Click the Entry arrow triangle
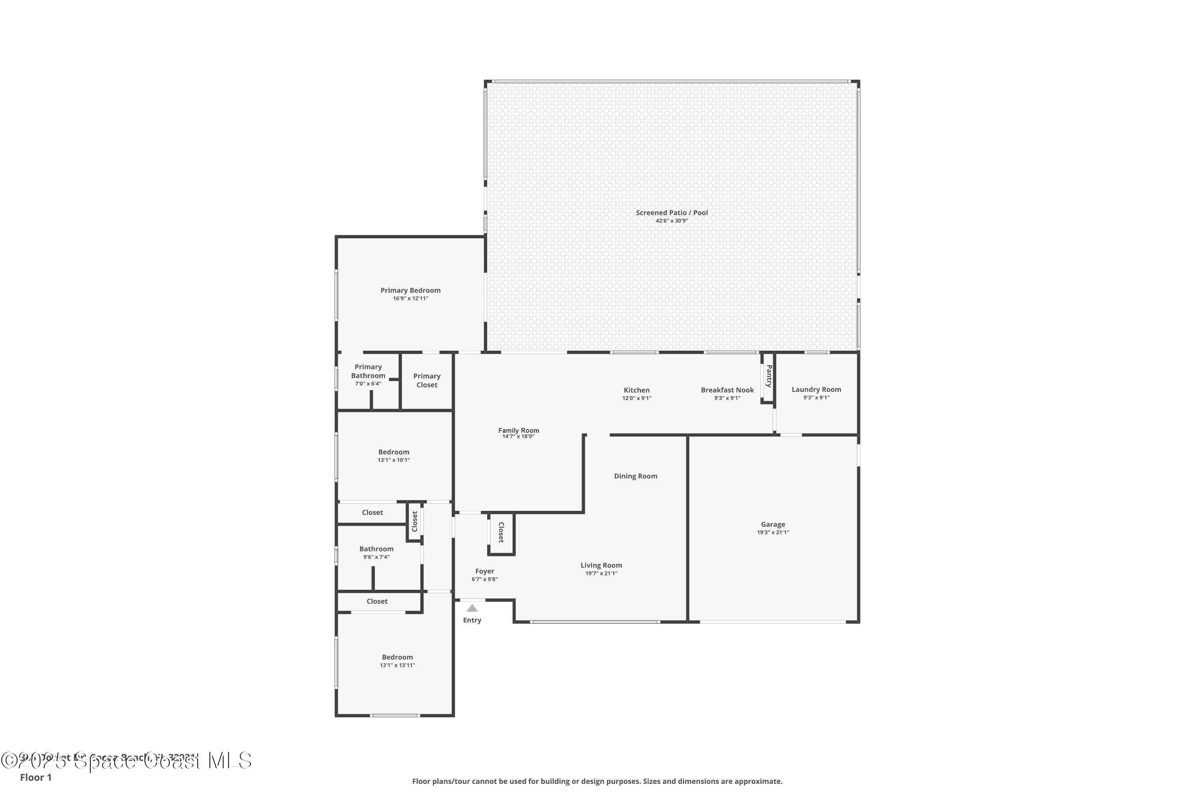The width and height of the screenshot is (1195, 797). click(472, 608)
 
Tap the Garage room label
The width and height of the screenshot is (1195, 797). click(773, 524)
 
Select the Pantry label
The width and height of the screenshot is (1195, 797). click(769, 376)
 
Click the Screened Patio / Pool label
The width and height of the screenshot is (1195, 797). click(672, 212)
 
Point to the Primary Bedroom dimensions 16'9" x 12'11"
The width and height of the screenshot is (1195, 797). click(411, 298)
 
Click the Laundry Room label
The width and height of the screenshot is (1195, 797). click(816, 389)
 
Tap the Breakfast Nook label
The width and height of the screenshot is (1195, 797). click(727, 390)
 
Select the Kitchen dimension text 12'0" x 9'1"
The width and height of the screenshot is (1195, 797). click(637, 398)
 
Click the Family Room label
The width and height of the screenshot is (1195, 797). click(518, 430)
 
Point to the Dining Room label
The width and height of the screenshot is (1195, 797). click(636, 476)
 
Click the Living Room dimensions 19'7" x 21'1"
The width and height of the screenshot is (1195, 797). click(601, 573)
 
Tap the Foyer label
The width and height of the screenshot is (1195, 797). click(484, 571)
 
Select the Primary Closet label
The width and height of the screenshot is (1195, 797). click(427, 380)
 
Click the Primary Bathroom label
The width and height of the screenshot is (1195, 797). click(368, 371)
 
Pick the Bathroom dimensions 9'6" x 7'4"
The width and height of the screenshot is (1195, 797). click(376, 557)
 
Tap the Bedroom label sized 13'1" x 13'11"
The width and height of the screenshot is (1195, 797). click(397, 657)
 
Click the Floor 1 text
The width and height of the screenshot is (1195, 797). click(35, 777)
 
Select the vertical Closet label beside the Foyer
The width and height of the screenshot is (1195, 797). click(501, 532)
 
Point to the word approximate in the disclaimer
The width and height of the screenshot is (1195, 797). click(758, 781)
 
